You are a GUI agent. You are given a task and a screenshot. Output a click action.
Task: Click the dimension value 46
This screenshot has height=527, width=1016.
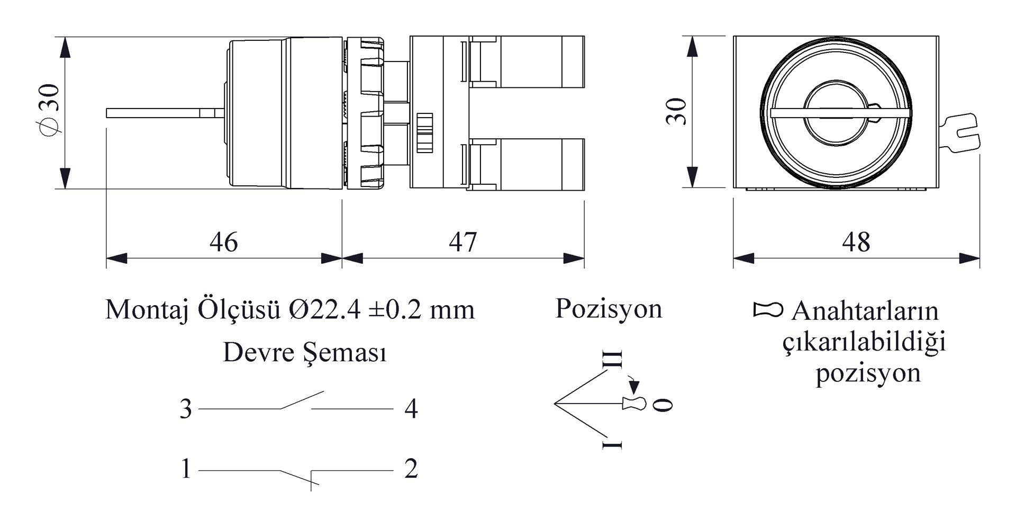point(223,242)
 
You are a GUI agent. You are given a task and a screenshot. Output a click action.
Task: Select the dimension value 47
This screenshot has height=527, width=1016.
point(462,242)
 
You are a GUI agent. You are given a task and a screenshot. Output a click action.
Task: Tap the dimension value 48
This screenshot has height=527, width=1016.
point(856,242)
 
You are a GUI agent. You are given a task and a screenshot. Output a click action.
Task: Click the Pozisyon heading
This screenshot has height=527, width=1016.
point(609,309)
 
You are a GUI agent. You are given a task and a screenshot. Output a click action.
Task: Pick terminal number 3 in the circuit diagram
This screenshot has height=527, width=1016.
point(186,409)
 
